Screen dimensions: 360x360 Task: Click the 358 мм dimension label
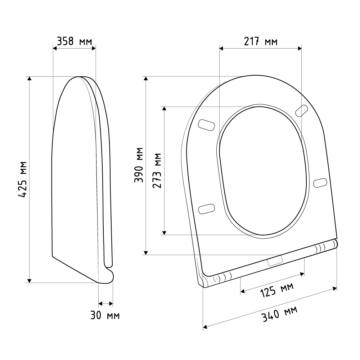tap(75, 41)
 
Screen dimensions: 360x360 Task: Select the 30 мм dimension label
tap(105, 315)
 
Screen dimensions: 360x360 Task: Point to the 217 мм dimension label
tap(261, 41)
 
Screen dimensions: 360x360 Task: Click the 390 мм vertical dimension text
tap(139, 165)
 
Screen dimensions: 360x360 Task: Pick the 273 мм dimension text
tap(157, 171)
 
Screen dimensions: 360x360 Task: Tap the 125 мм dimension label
tap(276, 290)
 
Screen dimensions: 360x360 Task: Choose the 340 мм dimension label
tap(279, 314)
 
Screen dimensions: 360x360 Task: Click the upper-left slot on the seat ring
tap(206, 125)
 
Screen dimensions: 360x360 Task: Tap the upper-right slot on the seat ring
tap(301, 111)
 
